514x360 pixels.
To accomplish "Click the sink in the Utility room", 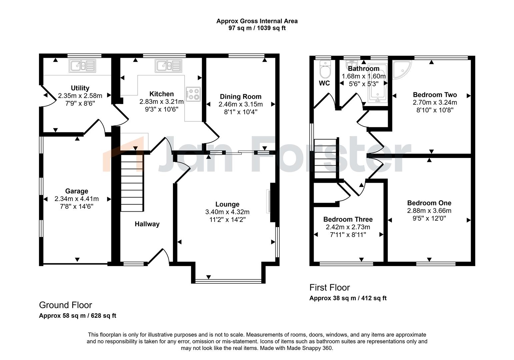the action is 82,66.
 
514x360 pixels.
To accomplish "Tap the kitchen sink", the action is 168,66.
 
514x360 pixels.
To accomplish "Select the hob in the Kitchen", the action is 193,94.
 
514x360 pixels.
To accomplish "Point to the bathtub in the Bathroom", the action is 378,84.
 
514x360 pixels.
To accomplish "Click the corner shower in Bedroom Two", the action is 402,70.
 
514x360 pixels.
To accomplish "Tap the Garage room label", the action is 77,191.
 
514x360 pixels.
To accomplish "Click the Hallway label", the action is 147,224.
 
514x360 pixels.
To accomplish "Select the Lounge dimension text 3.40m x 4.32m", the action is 227,212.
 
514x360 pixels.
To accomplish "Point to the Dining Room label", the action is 241,97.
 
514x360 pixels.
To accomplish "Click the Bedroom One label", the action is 429,203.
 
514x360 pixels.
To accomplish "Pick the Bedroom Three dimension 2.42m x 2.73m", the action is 348,227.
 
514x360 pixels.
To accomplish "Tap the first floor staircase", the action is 325,159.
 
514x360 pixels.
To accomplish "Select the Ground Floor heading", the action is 65,305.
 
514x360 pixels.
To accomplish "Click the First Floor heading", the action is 330,287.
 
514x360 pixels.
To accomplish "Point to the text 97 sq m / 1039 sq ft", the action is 257,28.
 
